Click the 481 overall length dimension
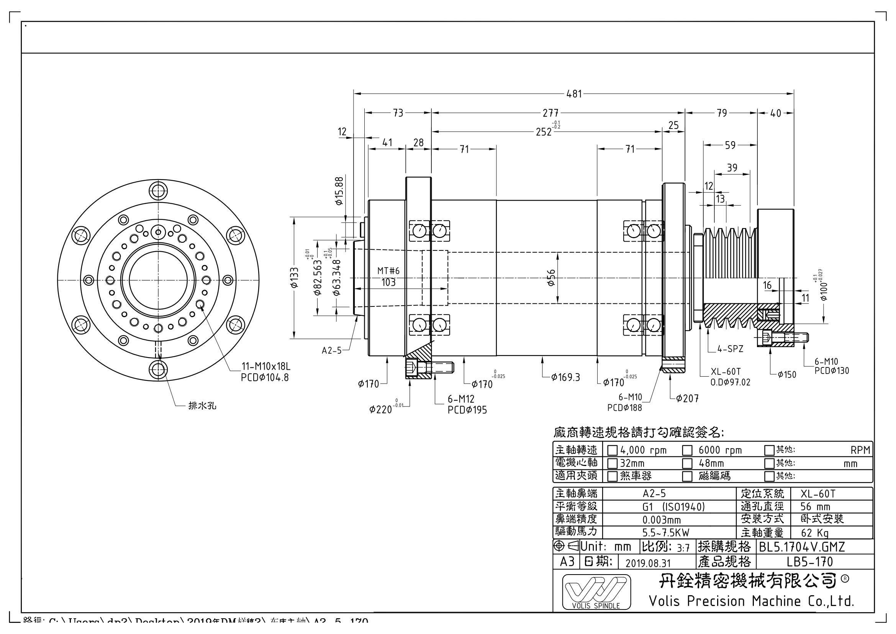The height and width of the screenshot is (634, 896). tap(574, 94)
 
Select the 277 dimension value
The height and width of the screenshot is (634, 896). tap(550, 113)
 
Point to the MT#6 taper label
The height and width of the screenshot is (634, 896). tap(388, 271)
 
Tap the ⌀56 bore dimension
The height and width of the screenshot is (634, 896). tap(551, 278)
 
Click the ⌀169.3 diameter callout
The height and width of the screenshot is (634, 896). tap(565, 377)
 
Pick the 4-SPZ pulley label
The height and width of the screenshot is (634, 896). tap(730, 349)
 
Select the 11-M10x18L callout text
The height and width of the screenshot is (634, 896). tap(266, 367)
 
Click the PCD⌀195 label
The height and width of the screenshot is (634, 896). tap(467, 410)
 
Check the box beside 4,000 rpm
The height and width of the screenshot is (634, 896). tap(612, 450)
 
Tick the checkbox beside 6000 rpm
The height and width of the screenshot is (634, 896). tap(687, 450)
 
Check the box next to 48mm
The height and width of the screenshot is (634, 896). tap(687, 464)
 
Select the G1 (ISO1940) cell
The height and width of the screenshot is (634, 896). tap(673, 507)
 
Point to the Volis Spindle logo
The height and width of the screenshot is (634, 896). tap(596, 592)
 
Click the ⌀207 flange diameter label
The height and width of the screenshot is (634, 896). tap(687, 399)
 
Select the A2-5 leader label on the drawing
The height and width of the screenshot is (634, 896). tap(331, 351)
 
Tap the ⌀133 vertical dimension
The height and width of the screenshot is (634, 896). tap(295, 277)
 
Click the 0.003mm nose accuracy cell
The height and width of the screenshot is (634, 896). tap(662, 520)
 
